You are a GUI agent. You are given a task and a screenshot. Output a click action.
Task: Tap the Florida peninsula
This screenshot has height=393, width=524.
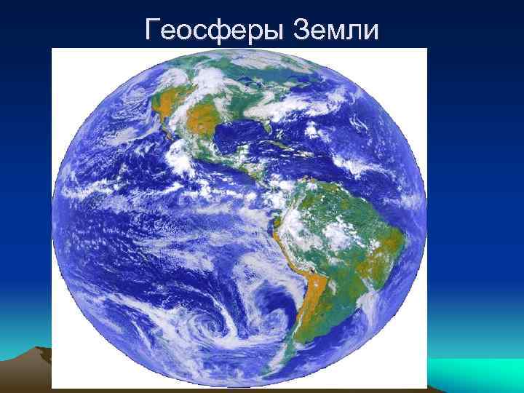269,129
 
